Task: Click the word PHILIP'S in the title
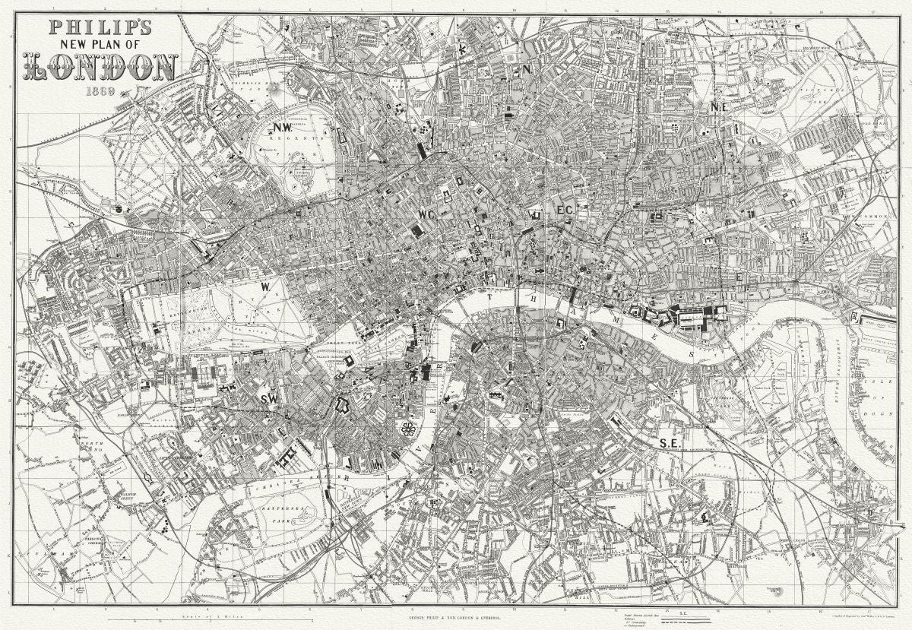(x=101, y=27)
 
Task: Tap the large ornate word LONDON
(x=101, y=68)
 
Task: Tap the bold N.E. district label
(x=719, y=107)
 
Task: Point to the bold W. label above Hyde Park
(x=266, y=287)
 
